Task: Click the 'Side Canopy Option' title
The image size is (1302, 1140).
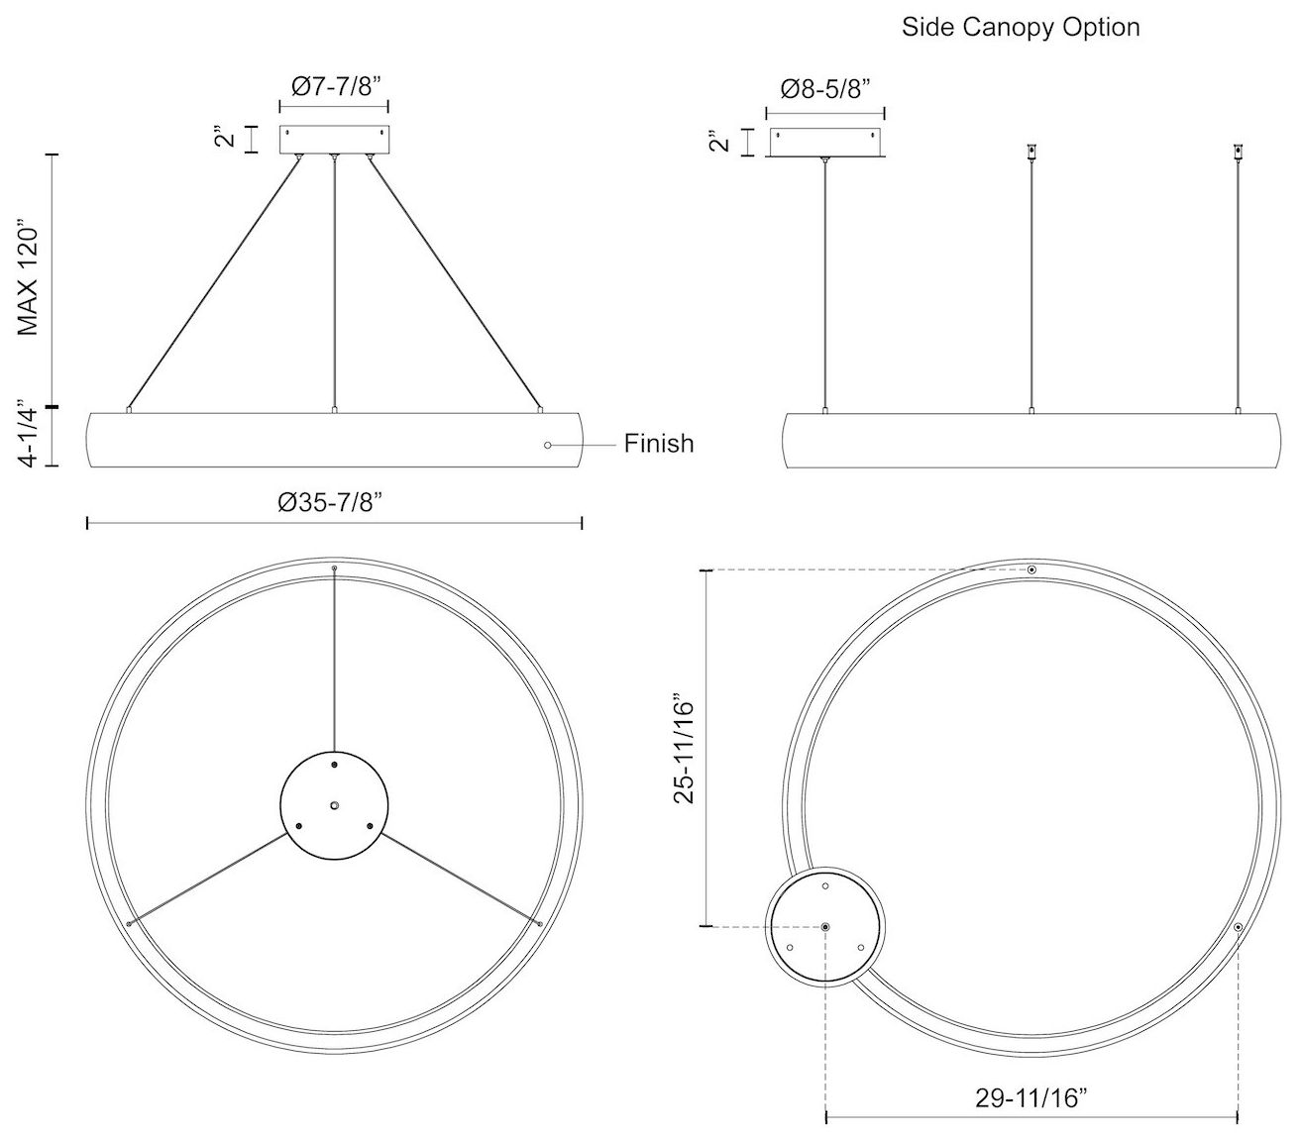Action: (x=1020, y=28)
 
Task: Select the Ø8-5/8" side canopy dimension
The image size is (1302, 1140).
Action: (x=824, y=89)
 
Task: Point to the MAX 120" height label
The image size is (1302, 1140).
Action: (x=28, y=277)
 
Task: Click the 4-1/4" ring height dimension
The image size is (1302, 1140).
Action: (x=29, y=434)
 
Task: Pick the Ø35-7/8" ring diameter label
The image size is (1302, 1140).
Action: (x=330, y=502)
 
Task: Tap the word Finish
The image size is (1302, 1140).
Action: (x=659, y=444)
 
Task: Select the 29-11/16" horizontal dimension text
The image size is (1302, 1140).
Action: (x=1031, y=1097)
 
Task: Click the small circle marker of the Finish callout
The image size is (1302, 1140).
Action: (x=547, y=446)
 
